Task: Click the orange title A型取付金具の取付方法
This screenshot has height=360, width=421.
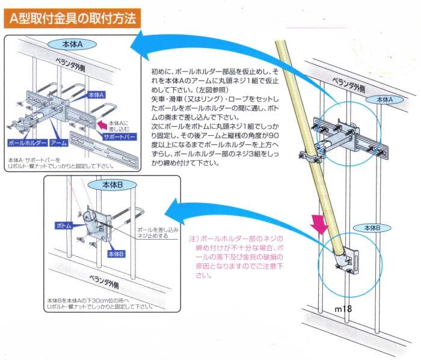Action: coord(72,18)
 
